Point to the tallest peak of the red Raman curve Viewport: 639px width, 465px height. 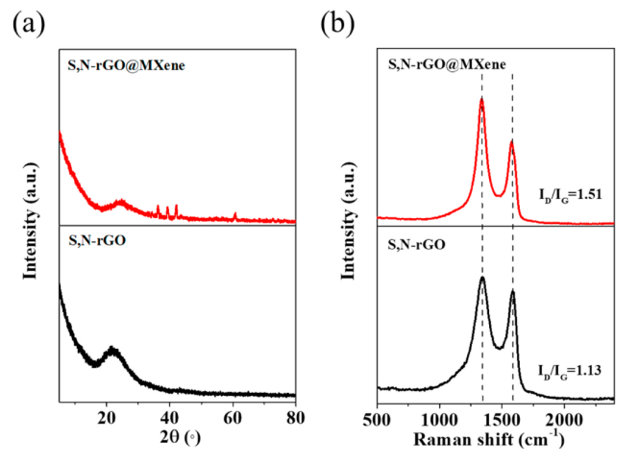481,99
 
